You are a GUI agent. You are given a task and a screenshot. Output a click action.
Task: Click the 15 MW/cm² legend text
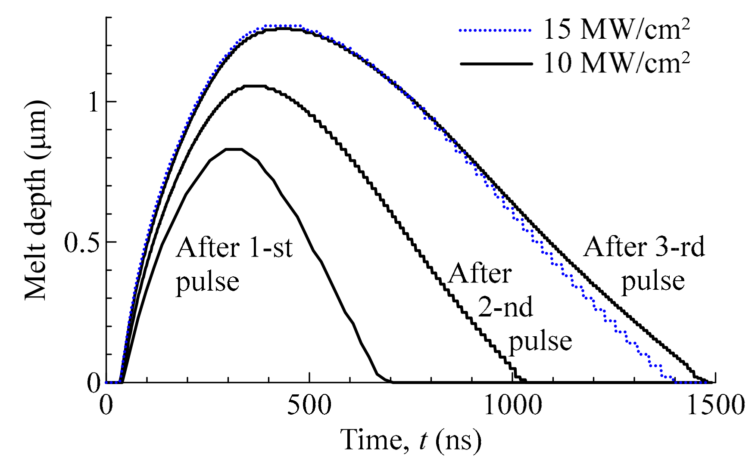point(616,30)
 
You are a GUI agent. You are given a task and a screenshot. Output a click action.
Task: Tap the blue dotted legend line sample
point(496,30)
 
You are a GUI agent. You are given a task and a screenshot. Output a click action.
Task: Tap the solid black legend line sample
point(496,64)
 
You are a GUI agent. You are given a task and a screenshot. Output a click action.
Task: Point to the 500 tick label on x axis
point(309,406)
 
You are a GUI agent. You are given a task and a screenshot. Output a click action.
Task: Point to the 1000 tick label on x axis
point(513,406)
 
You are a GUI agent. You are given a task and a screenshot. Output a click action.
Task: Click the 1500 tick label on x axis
point(715,406)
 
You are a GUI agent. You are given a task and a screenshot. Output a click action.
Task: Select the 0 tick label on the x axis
point(106,406)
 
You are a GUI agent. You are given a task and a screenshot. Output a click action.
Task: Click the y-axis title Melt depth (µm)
point(35,200)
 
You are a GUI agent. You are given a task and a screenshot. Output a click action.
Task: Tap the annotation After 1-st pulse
point(234,264)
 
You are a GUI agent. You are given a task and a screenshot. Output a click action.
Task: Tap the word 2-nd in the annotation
point(505,307)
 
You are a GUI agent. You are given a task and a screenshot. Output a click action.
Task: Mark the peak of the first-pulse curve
point(234,149)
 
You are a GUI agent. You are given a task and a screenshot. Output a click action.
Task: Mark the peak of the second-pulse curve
point(255,86)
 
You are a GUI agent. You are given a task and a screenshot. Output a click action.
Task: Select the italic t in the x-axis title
point(423,440)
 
